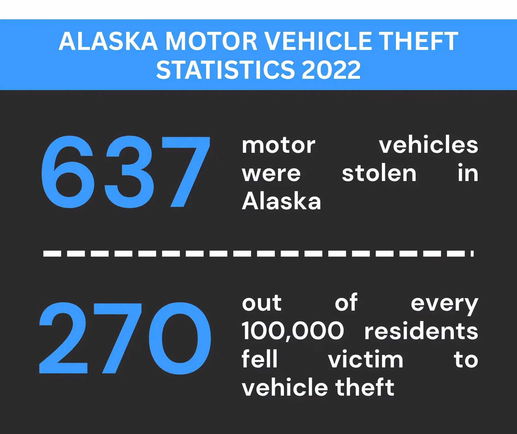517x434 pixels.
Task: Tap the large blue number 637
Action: pos(126,172)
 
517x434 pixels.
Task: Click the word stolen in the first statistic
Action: pos(379,173)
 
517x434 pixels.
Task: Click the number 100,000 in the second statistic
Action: pos(293,331)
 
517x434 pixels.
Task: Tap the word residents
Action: pos(421,331)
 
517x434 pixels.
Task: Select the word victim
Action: pos(366,359)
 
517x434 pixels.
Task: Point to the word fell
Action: pos(259,359)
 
